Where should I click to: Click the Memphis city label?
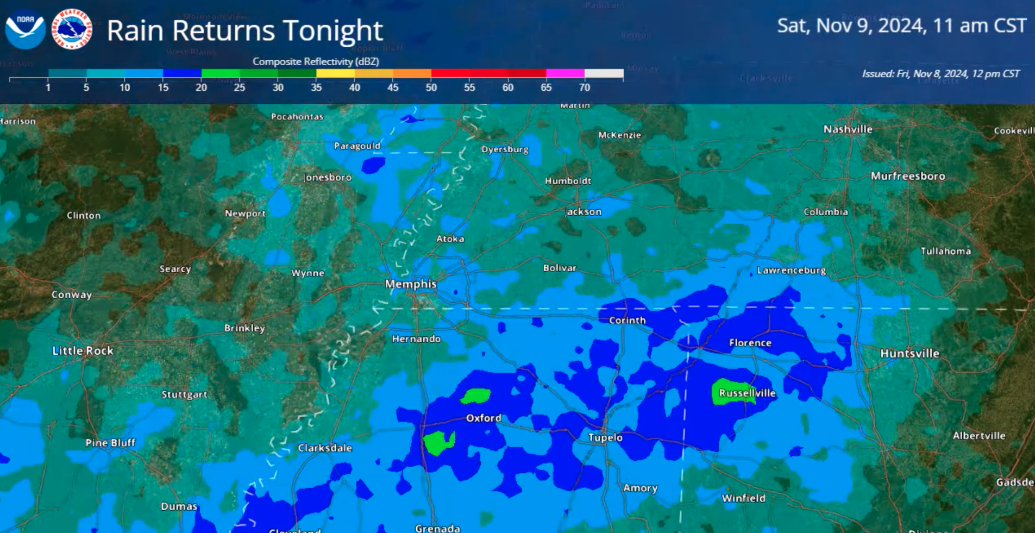[x=411, y=284]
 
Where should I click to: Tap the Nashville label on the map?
[x=848, y=129]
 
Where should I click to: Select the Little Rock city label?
[x=83, y=350]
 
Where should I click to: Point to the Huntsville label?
[x=909, y=353]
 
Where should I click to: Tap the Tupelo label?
[x=605, y=437]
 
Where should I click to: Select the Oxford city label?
[x=484, y=418]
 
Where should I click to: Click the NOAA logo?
[x=25, y=29]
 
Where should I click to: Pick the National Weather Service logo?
[x=72, y=29]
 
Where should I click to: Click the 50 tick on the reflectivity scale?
[x=431, y=87]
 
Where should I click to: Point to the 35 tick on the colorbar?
[x=316, y=87]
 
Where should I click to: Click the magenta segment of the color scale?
[x=565, y=73]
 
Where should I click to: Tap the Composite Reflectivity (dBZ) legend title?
[x=316, y=61]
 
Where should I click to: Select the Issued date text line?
[x=940, y=74]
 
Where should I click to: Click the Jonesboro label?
[x=328, y=177]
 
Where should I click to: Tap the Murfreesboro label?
[x=908, y=176]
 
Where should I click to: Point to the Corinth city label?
[x=627, y=320]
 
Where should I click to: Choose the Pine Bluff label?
[x=110, y=443]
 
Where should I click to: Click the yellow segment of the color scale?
[x=335, y=73]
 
